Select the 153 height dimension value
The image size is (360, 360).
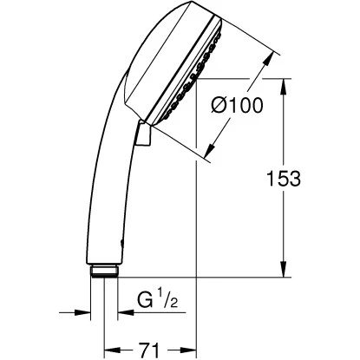(x=283, y=179)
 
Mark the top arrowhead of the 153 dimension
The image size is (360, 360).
(x=284, y=83)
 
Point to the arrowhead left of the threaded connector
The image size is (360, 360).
(x=85, y=315)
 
